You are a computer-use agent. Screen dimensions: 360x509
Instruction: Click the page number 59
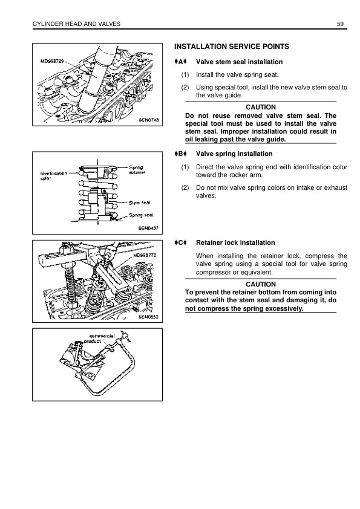tap(340, 24)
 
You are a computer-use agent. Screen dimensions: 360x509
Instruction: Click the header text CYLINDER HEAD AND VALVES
tap(76, 24)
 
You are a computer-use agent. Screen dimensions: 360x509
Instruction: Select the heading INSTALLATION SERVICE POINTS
tap(231, 47)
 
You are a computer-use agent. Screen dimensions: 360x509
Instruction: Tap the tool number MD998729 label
tap(51, 60)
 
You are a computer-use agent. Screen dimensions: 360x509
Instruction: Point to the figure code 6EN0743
tap(149, 120)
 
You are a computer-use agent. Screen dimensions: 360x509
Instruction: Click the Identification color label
tap(54, 176)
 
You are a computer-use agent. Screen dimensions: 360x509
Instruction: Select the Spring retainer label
tap(137, 170)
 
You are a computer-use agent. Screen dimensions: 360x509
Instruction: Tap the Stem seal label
tap(139, 203)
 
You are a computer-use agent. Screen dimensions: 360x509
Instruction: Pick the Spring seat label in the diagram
tap(142, 215)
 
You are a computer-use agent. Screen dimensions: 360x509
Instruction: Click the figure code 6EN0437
tap(148, 228)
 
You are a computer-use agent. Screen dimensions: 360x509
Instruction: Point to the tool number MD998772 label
tap(145, 255)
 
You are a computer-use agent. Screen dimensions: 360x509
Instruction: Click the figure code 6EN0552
tap(148, 317)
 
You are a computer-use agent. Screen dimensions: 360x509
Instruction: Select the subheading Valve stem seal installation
tap(239, 62)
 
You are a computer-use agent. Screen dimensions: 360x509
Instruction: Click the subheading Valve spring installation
tap(234, 154)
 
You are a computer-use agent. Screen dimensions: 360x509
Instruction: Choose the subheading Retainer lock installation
tap(235, 242)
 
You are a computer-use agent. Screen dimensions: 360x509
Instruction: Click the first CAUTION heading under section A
tap(261, 107)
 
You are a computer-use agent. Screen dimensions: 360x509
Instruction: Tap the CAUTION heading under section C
tap(261, 284)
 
